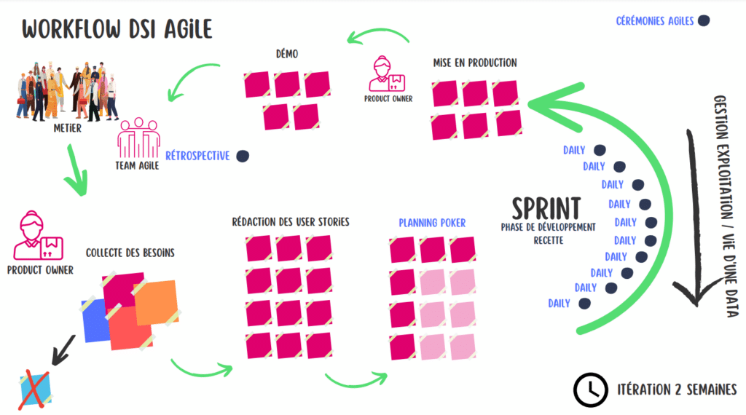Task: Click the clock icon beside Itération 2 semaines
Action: (590, 390)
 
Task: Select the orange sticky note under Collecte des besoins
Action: (156, 303)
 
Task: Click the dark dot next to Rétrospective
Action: (243, 156)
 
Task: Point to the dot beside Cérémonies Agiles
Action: (704, 20)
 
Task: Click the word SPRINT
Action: (546, 209)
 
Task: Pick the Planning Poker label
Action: (432, 223)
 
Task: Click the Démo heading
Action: (287, 54)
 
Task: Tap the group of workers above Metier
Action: (66, 91)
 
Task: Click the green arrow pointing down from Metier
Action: (76, 170)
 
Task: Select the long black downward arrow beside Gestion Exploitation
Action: (694, 218)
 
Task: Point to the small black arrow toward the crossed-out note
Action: (63, 350)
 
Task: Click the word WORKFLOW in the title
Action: (71, 29)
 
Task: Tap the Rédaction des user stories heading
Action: (291, 222)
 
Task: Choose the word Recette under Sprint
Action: (548, 240)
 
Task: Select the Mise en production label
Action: (475, 63)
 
